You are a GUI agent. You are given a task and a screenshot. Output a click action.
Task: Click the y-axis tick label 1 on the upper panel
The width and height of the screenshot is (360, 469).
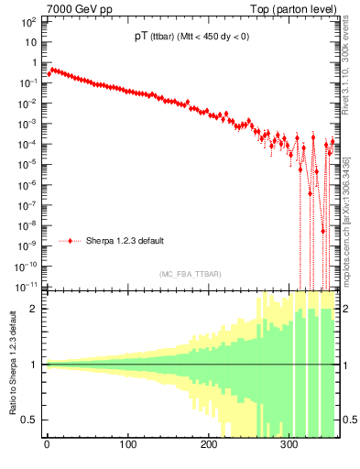(x=35, y=63)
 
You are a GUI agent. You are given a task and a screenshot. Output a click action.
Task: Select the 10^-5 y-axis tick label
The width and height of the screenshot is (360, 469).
(x=27, y=165)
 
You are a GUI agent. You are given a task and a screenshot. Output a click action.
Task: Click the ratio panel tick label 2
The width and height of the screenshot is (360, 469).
(x=34, y=309)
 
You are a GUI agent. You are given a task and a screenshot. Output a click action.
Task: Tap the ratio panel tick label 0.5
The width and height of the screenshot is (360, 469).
(x=30, y=420)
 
